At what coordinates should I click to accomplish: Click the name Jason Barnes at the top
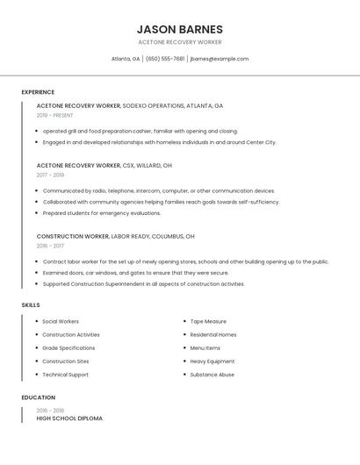click(180, 29)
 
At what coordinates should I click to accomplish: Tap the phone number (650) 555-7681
click(165, 59)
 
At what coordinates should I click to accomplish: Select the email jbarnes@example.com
click(220, 59)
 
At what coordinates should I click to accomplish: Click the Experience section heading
click(38, 92)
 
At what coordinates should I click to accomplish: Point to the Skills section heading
click(31, 304)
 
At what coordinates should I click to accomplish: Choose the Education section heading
click(38, 397)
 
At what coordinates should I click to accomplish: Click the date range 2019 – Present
click(55, 115)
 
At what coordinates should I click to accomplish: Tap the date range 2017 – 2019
click(50, 175)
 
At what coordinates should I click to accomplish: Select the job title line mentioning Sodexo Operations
click(130, 105)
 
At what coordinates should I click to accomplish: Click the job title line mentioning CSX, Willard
click(104, 165)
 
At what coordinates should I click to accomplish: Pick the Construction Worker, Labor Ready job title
click(116, 236)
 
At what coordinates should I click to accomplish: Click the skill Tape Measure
click(208, 321)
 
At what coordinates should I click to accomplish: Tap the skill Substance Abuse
click(212, 375)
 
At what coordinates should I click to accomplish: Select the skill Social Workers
click(61, 321)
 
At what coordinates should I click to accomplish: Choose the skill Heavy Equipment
click(212, 361)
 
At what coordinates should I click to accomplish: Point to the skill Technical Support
click(65, 375)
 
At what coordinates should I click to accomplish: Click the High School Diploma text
click(69, 418)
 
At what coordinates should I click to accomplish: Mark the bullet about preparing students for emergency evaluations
click(102, 212)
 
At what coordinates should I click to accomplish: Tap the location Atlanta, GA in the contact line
click(126, 59)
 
